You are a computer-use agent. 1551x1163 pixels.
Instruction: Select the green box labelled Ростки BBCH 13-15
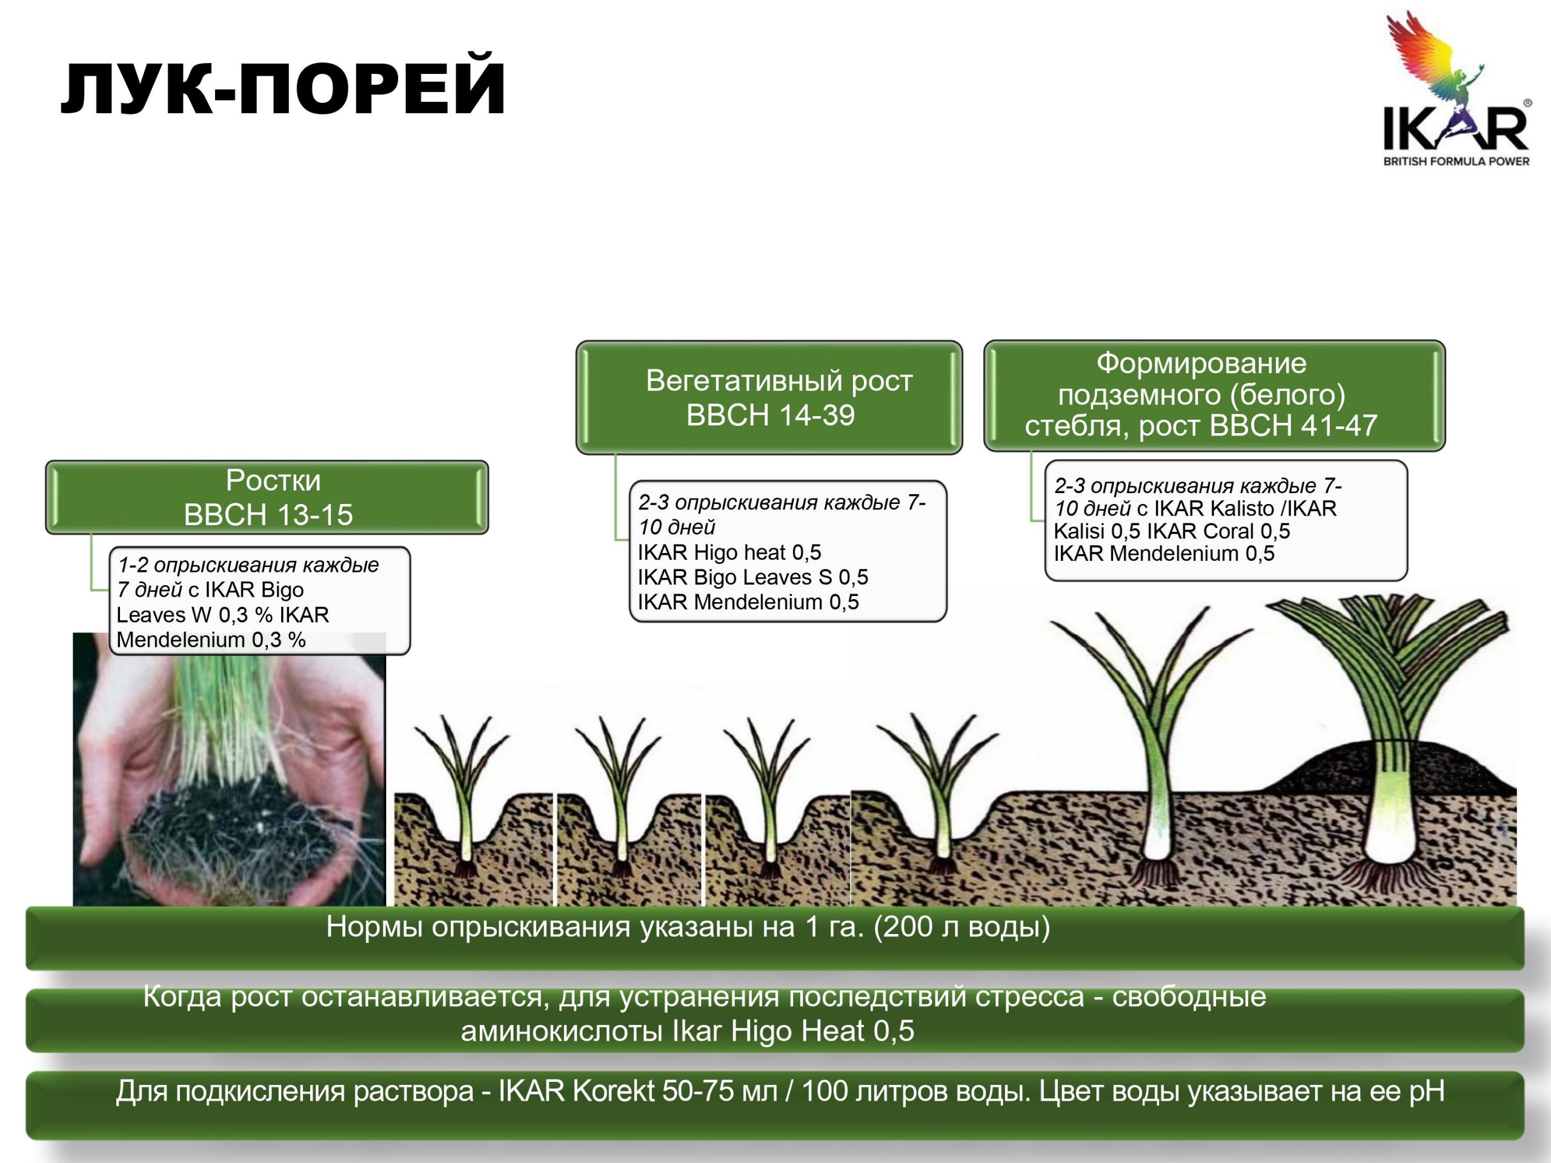267,497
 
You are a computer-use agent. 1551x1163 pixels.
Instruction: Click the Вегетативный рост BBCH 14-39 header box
769,397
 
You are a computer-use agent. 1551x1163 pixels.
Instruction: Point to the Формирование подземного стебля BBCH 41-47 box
1214,396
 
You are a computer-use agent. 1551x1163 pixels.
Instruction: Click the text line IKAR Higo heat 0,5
729,552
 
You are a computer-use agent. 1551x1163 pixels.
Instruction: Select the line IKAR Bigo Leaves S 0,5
752,577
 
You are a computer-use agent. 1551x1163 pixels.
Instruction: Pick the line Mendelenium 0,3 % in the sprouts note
211,639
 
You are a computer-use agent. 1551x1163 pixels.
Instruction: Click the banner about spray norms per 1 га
775,937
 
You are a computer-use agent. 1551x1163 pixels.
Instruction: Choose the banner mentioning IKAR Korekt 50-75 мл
775,1105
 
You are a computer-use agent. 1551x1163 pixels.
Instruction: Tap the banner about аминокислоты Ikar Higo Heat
775,1020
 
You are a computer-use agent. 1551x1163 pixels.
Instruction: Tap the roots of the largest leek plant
1392,880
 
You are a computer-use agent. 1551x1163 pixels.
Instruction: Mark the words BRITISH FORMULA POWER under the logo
1456,161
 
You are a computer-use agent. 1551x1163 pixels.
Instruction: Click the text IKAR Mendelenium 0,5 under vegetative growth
748,601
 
